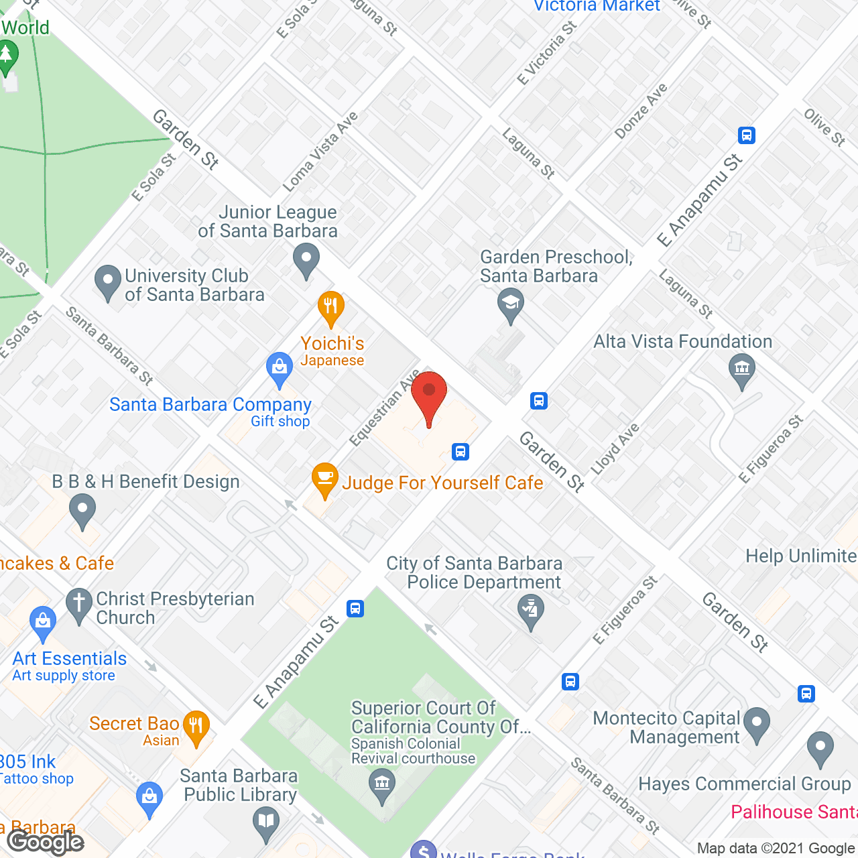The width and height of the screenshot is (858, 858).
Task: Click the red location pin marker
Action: pos(429,395)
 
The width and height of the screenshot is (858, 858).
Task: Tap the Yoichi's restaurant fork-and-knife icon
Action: pos(330,308)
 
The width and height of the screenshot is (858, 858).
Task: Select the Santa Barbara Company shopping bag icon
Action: pos(280,367)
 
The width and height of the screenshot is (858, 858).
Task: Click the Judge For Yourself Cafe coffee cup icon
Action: pos(324,479)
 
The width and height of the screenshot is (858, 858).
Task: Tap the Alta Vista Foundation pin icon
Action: pos(741,370)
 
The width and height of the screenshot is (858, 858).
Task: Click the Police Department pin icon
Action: pos(531,611)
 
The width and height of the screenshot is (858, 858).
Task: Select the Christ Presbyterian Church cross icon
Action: pos(78,604)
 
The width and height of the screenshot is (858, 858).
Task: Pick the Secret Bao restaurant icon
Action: pos(196,727)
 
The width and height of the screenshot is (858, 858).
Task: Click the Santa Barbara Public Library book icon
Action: pos(266,822)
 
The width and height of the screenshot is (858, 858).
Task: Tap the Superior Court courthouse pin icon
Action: pos(382,783)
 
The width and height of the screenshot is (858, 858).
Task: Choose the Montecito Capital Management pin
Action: pos(757,724)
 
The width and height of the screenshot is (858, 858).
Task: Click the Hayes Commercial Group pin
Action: pos(820,747)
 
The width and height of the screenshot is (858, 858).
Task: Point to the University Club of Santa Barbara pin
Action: pos(107,280)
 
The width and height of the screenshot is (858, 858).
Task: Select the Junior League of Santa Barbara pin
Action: pos(306,259)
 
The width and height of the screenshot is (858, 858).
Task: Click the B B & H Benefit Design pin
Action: pos(82,509)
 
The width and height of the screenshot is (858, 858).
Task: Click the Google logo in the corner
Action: pos(46,842)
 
